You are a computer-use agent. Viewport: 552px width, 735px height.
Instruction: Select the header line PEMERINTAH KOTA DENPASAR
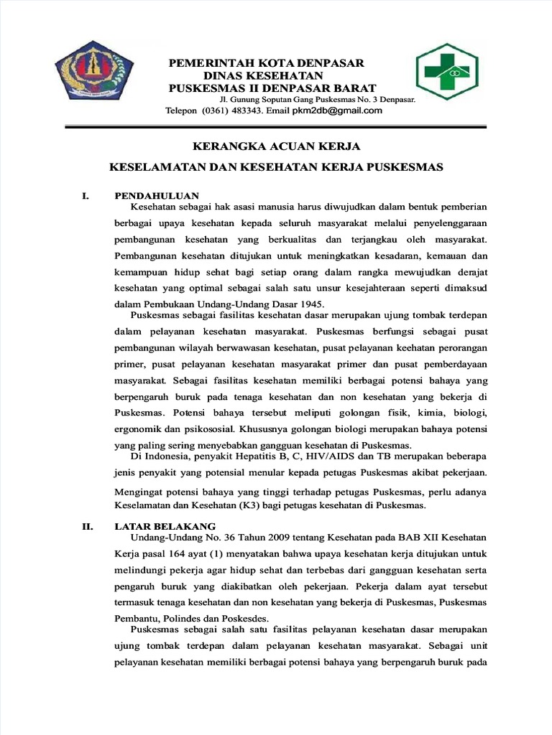click(266, 63)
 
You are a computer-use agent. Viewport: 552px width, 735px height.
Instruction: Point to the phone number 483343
click(244, 111)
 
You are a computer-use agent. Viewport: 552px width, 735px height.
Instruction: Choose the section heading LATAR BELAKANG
click(165, 525)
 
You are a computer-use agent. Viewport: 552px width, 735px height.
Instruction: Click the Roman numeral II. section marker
click(88, 525)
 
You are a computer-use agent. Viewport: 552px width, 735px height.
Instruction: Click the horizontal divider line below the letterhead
click(275, 126)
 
